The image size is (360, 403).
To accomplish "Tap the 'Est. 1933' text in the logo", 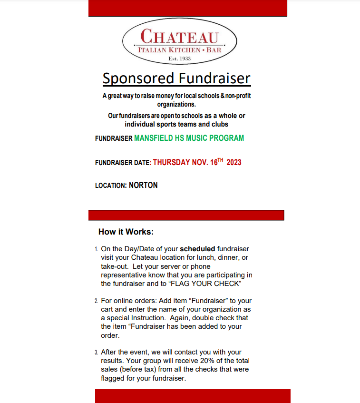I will [179, 59].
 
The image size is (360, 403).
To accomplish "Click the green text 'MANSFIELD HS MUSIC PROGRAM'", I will [189, 138].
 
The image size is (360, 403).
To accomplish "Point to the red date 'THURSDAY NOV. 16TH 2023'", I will [197, 162].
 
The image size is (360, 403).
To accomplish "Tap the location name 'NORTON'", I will [143, 186].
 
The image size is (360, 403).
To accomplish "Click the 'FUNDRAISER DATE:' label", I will [123, 163].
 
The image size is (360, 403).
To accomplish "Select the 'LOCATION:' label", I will [111, 186].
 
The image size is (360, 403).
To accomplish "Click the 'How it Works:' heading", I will [126, 232].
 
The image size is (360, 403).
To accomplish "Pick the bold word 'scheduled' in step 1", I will [197, 249].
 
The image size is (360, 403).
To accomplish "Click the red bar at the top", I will [187, 8].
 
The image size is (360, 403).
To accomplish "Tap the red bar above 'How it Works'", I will [186, 215].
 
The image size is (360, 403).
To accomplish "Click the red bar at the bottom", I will [192, 396].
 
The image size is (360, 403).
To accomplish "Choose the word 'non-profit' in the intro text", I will [238, 96].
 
